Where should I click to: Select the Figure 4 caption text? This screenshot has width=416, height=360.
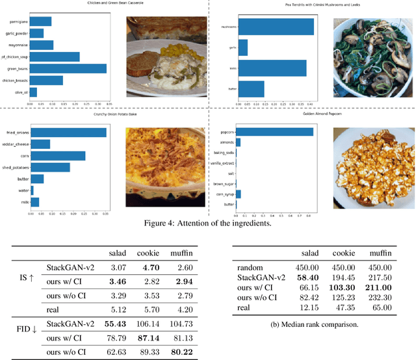point(207,225)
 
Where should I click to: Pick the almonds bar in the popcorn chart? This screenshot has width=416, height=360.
point(238,142)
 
